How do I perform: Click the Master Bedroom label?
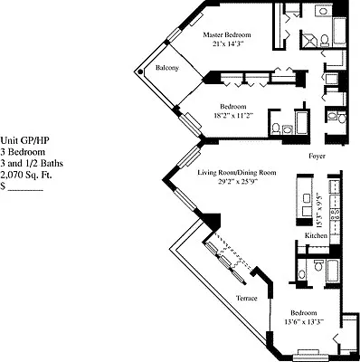tap(227, 34)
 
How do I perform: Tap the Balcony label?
tap(167, 68)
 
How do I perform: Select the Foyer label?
tap(317, 157)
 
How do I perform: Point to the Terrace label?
tap(247, 299)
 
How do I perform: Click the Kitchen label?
tap(316, 235)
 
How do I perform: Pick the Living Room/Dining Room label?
tap(237, 173)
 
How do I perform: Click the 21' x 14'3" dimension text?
tap(227, 43)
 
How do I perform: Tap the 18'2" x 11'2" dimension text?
tap(232, 115)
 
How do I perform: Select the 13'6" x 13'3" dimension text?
tap(304, 321)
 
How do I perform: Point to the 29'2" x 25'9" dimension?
tap(238, 182)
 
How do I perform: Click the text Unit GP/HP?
tap(24, 140)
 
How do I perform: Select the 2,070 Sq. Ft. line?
tap(26, 175)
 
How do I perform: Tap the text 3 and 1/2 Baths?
tap(32, 164)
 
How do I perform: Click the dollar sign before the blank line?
tap(3, 186)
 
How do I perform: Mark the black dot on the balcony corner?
tap(140, 71)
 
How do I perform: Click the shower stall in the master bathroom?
tap(308, 39)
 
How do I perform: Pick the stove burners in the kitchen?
tap(335, 214)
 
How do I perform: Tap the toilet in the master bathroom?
tap(325, 41)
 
